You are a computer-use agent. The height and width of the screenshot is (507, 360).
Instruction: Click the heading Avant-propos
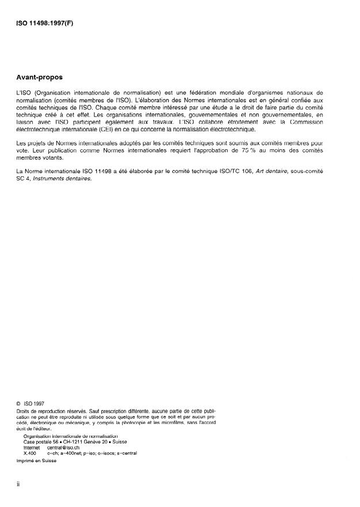[x=41, y=76]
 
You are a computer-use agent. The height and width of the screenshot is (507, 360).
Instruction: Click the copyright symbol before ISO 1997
[x=19, y=404]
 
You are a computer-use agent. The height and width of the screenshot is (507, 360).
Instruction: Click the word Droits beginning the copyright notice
[x=24, y=411]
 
